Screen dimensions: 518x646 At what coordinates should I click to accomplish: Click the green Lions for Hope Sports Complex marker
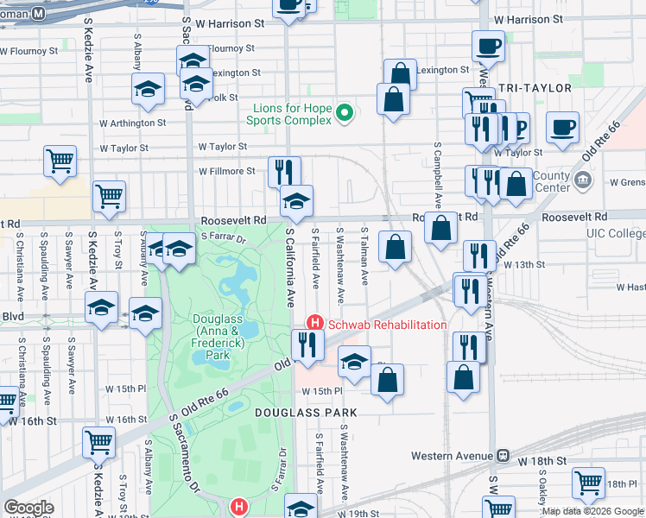(344, 112)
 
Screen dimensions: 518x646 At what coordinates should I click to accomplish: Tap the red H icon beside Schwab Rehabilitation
(315, 324)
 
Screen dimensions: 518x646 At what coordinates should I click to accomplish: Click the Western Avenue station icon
(502, 455)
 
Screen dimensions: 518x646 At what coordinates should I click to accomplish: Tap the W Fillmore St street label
(226, 171)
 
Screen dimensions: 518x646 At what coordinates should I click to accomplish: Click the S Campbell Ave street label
(438, 177)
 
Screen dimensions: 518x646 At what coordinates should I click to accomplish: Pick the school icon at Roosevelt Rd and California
(296, 201)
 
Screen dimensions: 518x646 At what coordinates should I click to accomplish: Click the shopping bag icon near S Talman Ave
(395, 248)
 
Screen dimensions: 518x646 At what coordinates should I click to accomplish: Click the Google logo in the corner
(28, 508)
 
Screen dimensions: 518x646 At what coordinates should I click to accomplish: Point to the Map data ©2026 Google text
(592, 511)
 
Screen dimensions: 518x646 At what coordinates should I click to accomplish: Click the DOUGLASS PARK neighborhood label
(305, 413)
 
